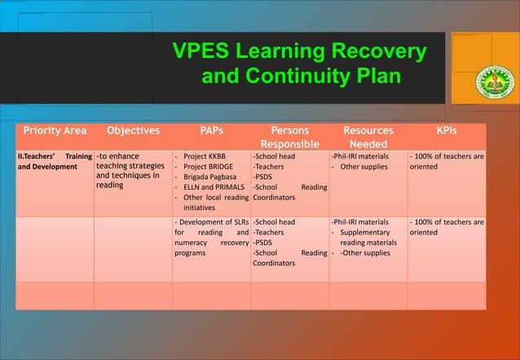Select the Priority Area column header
(54, 130)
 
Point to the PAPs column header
(211, 130)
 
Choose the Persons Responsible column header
(289, 137)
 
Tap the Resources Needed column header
(368, 137)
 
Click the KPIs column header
(446, 130)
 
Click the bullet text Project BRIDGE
(209, 166)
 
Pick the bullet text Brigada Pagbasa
(210, 177)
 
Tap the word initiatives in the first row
(204, 208)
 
